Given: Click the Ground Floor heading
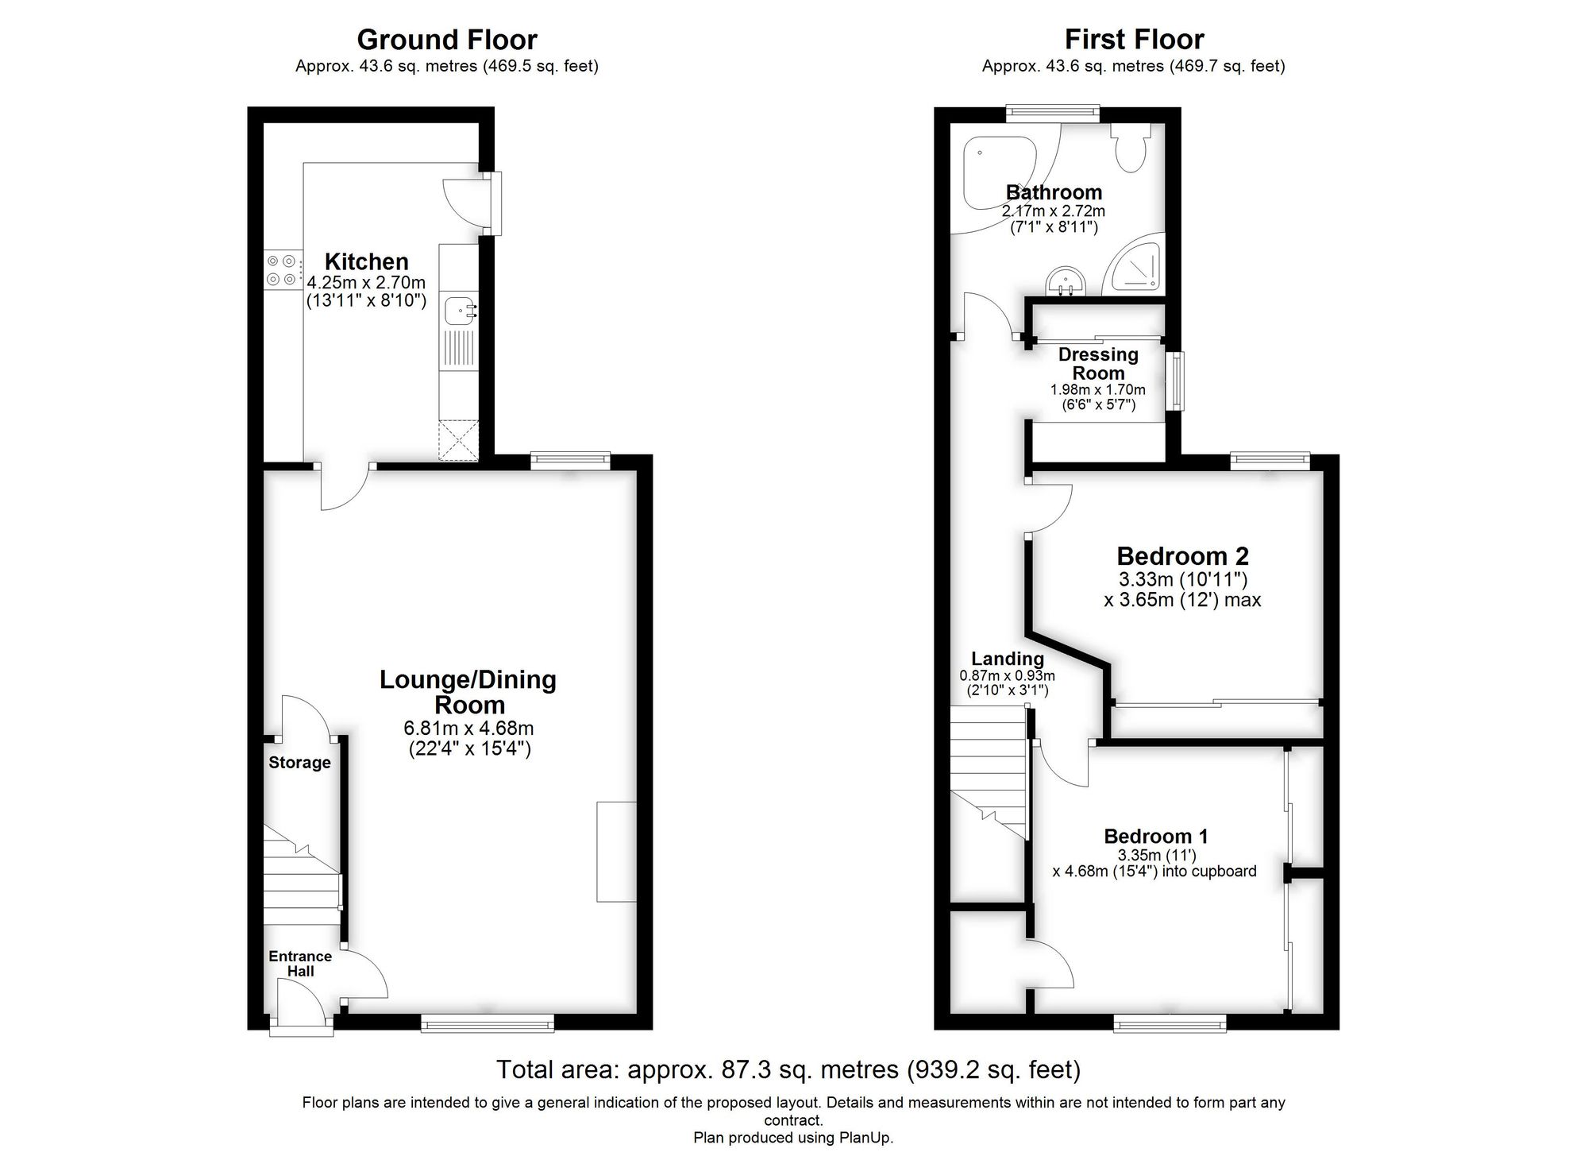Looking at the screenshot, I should pyautogui.click(x=447, y=40).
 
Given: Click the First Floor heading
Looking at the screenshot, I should pyautogui.click(x=1134, y=40).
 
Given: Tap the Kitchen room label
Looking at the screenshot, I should pyautogui.click(x=366, y=261).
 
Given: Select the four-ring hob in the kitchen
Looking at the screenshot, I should pyautogui.click(x=282, y=269).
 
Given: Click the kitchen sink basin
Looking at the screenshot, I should pyautogui.click(x=459, y=311).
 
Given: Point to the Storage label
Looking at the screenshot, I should pyautogui.click(x=299, y=763).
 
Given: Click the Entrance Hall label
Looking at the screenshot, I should pyautogui.click(x=300, y=964).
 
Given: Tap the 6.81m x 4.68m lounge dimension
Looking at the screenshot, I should pyautogui.click(x=468, y=728).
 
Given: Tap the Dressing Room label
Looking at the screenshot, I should pyautogui.click(x=1098, y=364).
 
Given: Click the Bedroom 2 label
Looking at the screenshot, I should pyautogui.click(x=1182, y=556).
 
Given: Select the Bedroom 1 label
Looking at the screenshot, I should pyautogui.click(x=1156, y=836).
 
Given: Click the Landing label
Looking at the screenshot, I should pyautogui.click(x=1008, y=659).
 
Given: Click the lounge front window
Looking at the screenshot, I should pyautogui.click(x=488, y=1024).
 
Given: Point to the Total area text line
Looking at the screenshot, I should pyautogui.click(x=788, y=1070).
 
